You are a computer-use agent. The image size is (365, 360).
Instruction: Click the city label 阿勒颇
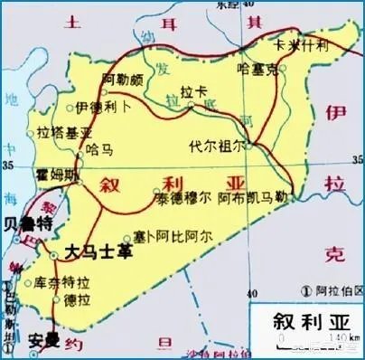click(x=122, y=81)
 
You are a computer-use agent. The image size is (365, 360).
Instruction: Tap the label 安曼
click(x=42, y=343)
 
